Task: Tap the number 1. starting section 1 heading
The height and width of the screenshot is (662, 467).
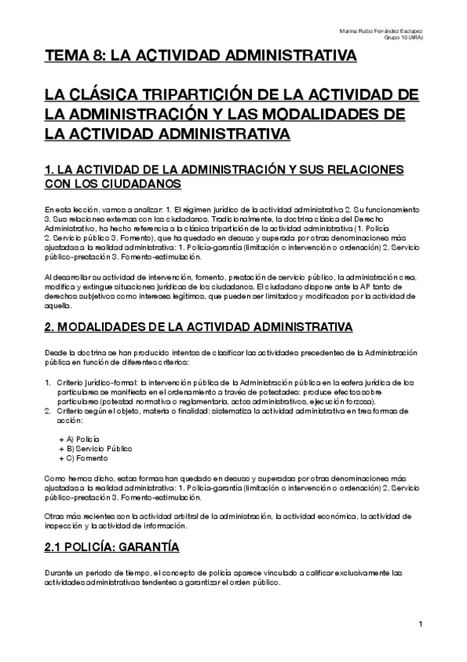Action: [49, 169]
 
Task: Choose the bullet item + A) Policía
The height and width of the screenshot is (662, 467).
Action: [78, 440]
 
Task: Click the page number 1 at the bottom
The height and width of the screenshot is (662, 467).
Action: [420, 623]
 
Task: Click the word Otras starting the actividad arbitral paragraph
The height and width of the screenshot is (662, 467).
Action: [53, 516]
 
